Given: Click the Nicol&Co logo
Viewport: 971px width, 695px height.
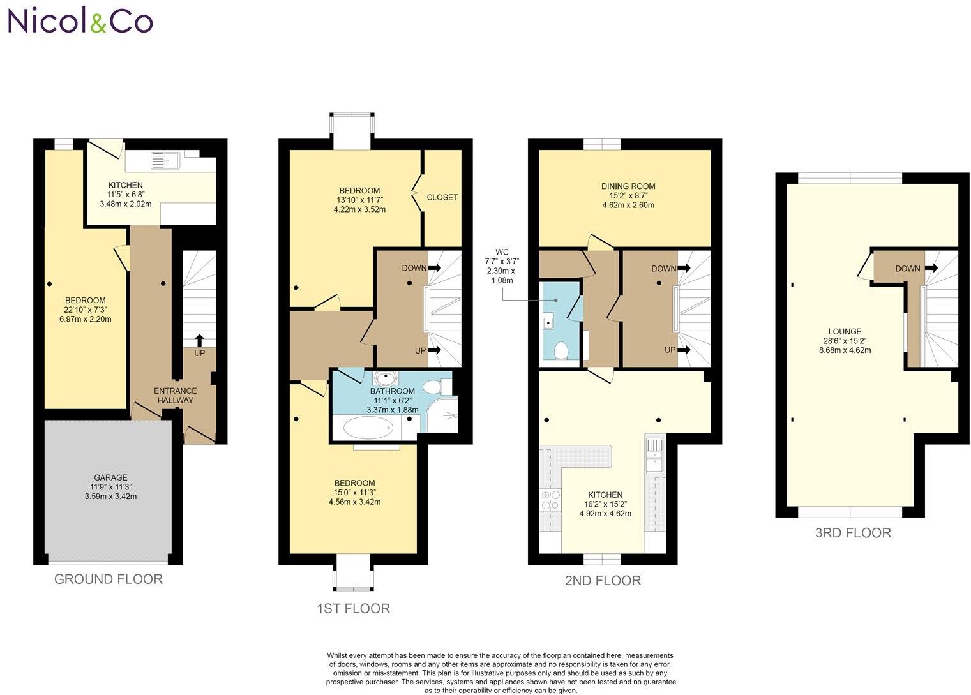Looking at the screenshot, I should (80, 22).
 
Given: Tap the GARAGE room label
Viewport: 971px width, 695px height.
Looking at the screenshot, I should (110, 477).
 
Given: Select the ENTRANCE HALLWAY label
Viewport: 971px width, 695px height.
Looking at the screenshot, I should (176, 396).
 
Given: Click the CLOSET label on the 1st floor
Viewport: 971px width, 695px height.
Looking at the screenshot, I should (442, 197).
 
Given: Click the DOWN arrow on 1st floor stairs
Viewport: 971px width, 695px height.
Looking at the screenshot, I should (435, 268).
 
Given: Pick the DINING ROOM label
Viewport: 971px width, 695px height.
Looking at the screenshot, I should (628, 186).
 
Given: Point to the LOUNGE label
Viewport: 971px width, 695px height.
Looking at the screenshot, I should (845, 331).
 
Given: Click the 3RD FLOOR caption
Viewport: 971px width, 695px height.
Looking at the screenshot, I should (853, 533).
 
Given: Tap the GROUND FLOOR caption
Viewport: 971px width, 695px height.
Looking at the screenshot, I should (109, 579).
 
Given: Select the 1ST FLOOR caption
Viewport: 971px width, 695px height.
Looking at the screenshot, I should (354, 608).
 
